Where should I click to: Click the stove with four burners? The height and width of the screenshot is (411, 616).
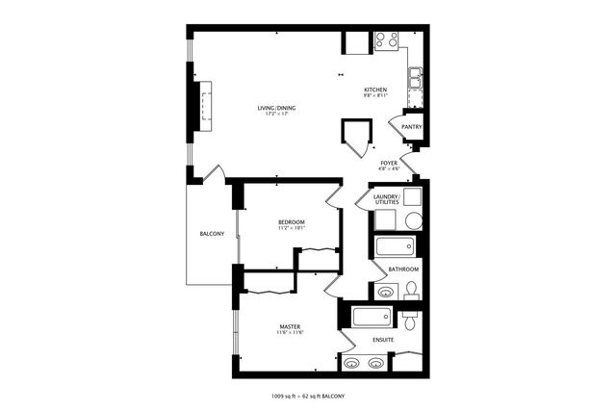coord(386,40)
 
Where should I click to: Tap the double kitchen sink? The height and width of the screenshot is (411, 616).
coord(415,77)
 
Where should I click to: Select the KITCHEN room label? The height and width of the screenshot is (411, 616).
coord(375,90)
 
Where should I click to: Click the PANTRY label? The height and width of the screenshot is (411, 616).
coord(411,126)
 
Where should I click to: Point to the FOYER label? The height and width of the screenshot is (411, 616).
coord(389,163)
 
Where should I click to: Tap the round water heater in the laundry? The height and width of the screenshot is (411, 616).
coord(413,220)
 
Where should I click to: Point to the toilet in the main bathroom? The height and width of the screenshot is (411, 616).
coord(412,289)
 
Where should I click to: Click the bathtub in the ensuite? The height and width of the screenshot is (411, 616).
coord(374,317)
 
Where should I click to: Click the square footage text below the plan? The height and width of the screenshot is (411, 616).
coord(308,396)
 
